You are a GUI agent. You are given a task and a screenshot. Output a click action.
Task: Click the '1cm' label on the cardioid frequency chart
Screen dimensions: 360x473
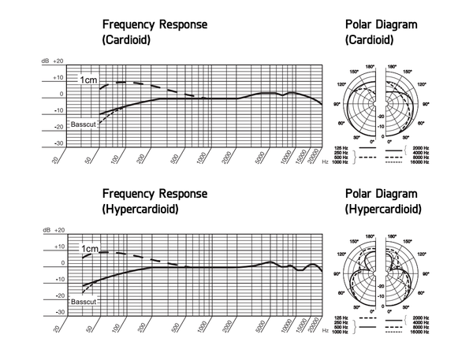[x=88, y=80]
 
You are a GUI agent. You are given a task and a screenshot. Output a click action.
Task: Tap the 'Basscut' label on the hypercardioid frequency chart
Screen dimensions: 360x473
[x=82, y=300]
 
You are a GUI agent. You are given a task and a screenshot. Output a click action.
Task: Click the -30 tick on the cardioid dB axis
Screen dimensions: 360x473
[x=58, y=143]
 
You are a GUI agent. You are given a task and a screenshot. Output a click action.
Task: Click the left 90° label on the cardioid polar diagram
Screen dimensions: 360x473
[x=337, y=104]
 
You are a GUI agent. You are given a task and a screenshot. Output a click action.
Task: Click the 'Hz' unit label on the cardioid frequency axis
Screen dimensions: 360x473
[x=326, y=160]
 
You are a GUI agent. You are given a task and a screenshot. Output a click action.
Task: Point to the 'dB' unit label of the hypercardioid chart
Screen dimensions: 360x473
[x=45, y=232]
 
